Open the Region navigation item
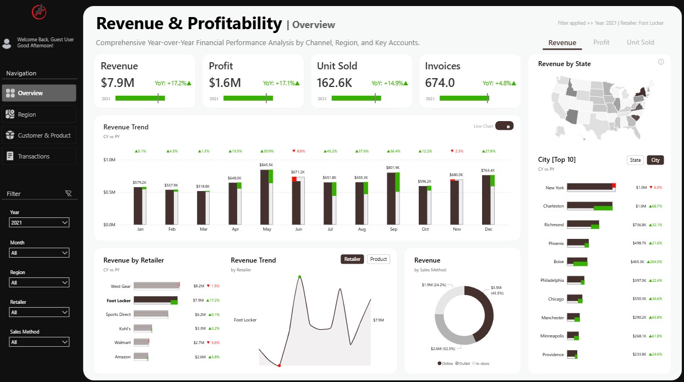(39, 114)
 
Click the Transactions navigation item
(39, 156)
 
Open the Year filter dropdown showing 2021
(40, 222)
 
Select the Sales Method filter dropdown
(40, 342)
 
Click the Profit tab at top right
(601, 42)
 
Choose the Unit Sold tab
(641, 42)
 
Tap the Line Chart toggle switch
(504, 126)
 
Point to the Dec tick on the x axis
(488, 229)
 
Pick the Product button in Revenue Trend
(379, 259)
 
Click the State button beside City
(636, 160)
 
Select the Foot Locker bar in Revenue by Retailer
(155, 301)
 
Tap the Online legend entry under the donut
(446, 363)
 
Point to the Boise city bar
(577, 262)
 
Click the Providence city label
(552, 354)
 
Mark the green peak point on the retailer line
(299, 276)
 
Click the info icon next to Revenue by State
(661, 62)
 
